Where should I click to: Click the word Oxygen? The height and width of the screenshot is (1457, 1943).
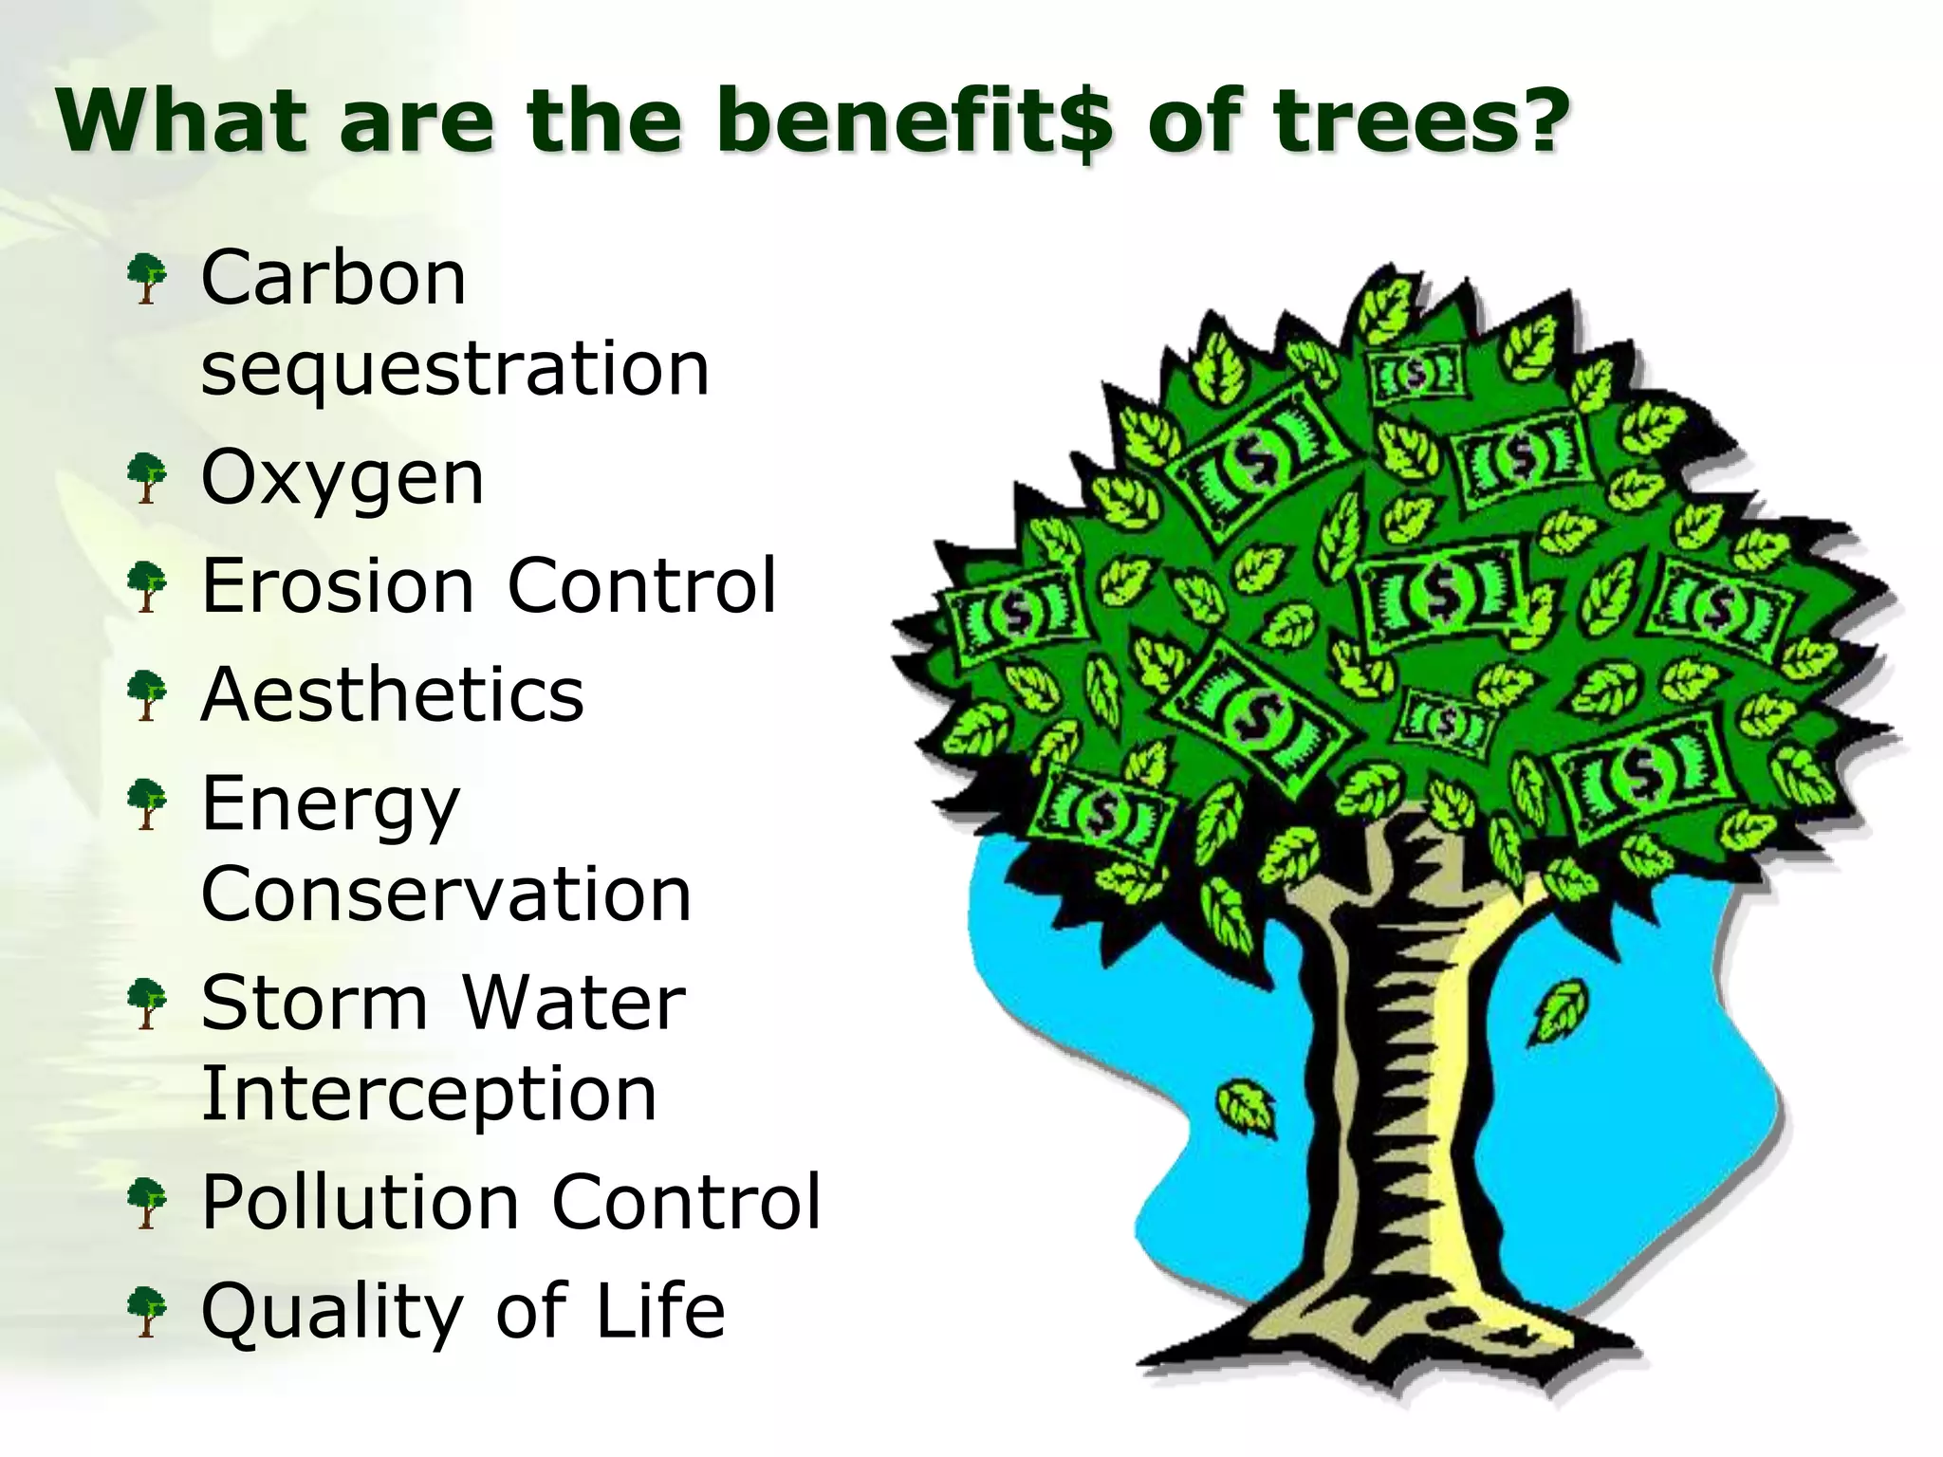[x=342, y=480]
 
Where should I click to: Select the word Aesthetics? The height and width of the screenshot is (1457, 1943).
[x=392, y=694]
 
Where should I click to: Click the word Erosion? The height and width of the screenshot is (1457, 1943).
[x=338, y=585]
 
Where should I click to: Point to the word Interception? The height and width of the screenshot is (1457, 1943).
[x=429, y=1094]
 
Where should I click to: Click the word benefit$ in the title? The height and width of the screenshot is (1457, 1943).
[x=912, y=121]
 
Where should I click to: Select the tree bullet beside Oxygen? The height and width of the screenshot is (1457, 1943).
[x=147, y=477]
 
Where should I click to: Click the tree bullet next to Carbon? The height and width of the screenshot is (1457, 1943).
[x=147, y=278]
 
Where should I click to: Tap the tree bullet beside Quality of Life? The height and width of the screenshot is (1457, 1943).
[x=147, y=1311]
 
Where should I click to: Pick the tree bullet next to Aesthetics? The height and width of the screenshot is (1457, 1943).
[x=147, y=694]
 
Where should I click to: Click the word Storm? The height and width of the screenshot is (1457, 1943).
[x=314, y=1003]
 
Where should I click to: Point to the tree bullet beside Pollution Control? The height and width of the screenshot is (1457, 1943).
[x=147, y=1203]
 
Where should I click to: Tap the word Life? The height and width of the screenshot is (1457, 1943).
[x=659, y=1310]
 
